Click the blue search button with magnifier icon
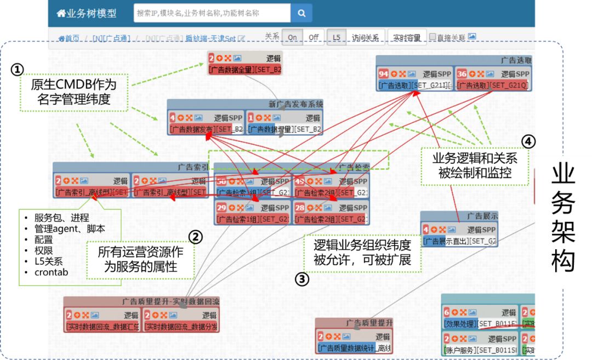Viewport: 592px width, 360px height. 301,13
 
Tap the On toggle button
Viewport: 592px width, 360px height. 292,37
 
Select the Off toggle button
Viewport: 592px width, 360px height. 313,37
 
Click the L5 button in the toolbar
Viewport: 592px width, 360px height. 336,37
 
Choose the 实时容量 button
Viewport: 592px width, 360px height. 407,37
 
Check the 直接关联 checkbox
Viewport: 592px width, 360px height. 432,37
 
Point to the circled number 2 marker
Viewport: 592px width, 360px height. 196,237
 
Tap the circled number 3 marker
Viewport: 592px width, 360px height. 302,279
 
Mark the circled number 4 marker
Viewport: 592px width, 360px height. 527,141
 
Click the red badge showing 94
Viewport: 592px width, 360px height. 384,74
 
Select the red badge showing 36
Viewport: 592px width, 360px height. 462,74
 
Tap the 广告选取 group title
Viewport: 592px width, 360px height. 515,60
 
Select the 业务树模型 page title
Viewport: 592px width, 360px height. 88,13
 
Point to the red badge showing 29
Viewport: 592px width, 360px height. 221,208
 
